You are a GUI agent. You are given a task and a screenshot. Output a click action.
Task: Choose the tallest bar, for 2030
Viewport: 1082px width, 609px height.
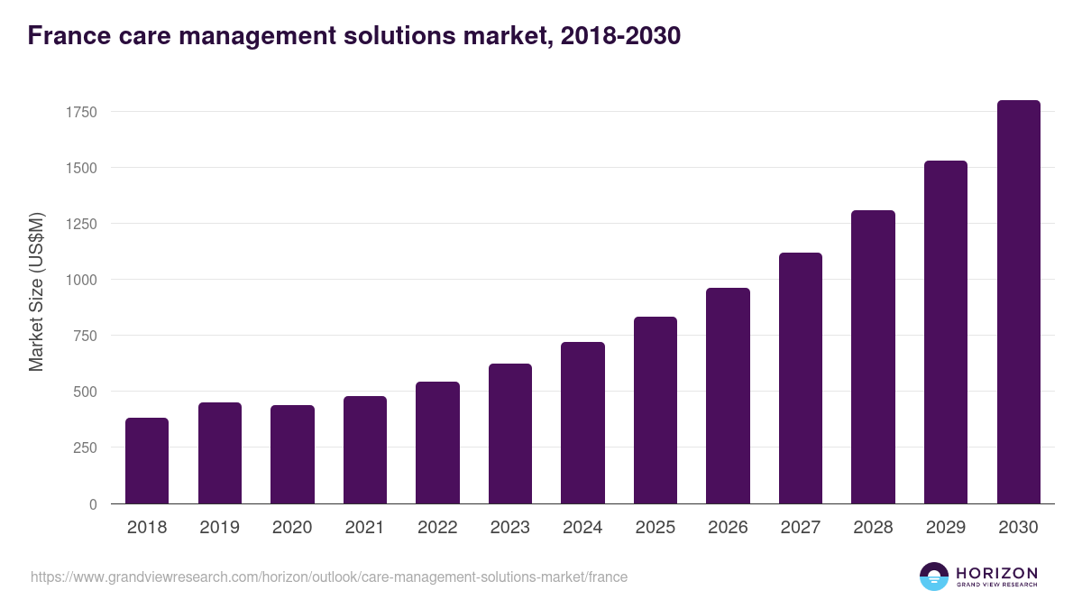point(1018,301)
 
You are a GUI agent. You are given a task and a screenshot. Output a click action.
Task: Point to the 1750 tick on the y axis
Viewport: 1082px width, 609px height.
point(81,112)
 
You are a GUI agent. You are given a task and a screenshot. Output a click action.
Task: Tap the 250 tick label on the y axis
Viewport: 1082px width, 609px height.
point(85,448)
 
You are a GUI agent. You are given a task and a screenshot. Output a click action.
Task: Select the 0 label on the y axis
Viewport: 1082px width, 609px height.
point(93,504)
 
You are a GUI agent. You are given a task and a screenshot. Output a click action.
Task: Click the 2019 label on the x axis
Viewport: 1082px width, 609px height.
point(219,528)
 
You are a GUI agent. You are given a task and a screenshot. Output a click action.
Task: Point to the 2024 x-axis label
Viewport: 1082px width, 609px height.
point(582,528)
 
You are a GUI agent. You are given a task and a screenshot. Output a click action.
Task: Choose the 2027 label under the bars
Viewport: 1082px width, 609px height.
point(800,528)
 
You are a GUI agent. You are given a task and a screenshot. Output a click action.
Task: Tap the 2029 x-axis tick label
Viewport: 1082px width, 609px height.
point(945,528)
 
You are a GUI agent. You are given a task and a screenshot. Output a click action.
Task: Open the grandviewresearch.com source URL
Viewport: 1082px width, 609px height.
point(329,577)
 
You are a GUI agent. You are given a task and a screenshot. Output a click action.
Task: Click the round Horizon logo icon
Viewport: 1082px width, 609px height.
point(934,577)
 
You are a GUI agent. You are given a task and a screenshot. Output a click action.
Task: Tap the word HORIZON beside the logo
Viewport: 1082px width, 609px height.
point(996,572)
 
